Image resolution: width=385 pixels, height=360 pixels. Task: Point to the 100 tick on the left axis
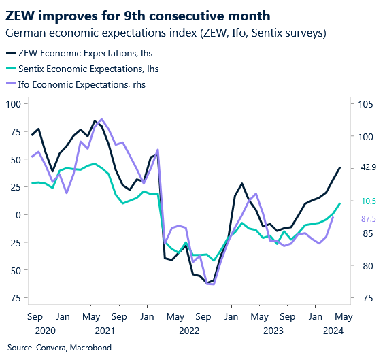tap(14, 104)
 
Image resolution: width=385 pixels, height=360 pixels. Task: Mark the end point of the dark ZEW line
tap(340, 167)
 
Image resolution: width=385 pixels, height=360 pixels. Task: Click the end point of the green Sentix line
tap(340, 203)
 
